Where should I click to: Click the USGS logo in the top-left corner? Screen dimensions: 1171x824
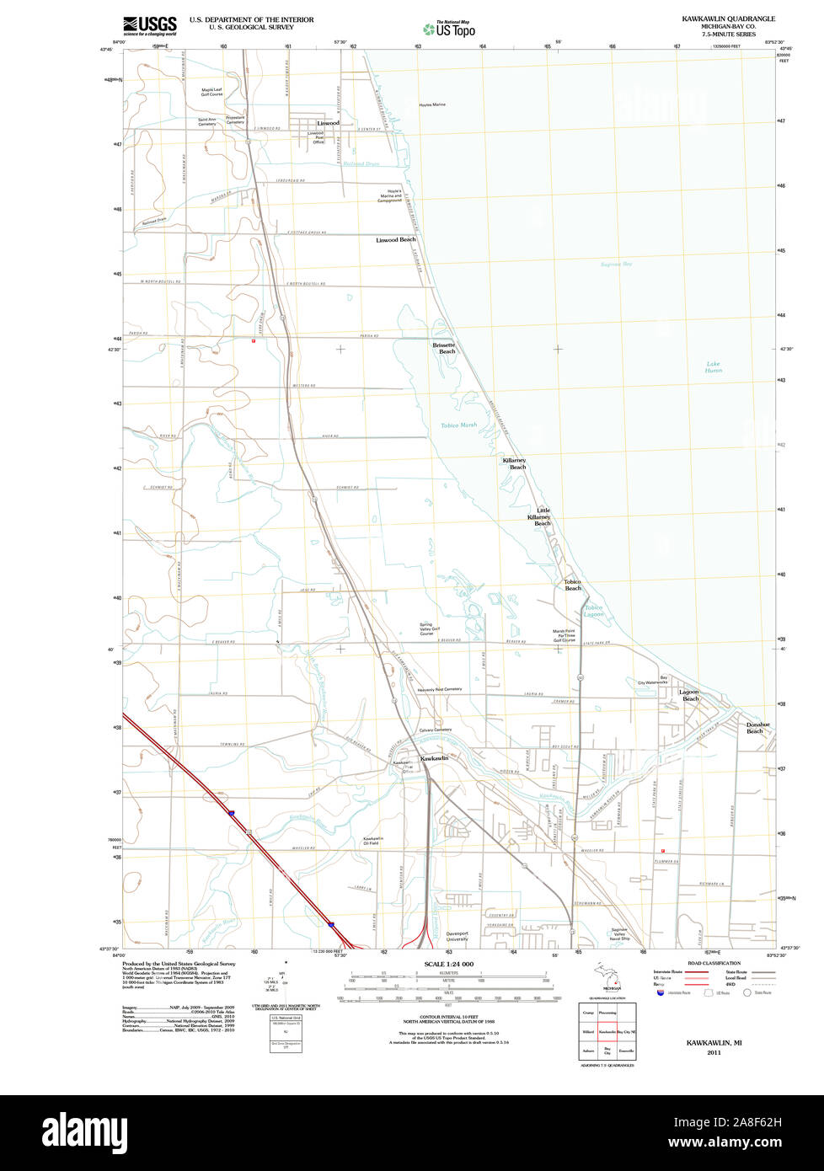149,25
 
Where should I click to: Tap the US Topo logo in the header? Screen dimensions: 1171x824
449,29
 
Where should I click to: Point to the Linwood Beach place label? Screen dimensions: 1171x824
395,240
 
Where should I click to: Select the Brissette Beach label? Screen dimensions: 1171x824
444,348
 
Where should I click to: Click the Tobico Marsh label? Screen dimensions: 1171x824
458,425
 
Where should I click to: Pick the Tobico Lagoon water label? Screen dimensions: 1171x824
594,611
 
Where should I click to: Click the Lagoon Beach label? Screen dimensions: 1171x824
689,695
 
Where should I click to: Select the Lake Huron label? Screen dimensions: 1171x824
714,367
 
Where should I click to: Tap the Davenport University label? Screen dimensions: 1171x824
457,936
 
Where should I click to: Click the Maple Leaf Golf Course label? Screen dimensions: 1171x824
211,92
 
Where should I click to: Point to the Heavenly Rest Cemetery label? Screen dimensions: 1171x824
440,689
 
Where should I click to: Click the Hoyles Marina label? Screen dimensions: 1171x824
432,104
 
